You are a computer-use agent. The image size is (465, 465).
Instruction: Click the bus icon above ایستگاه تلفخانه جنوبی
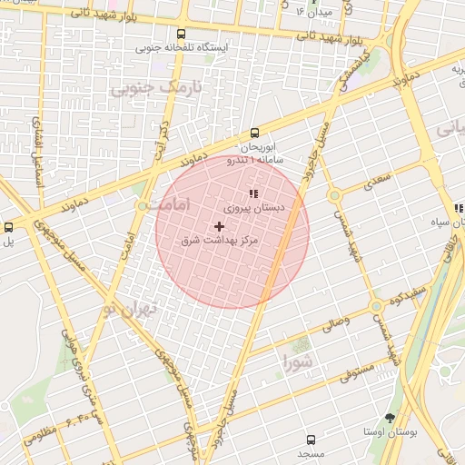coord(183,32)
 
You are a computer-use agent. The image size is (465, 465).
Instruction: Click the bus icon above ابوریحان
coord(254,133)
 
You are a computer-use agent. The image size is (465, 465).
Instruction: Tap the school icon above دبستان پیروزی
coord(252,193)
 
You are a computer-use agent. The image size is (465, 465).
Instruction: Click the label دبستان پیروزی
coord(254,208)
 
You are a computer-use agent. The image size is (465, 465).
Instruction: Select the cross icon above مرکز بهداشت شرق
coord(219,225)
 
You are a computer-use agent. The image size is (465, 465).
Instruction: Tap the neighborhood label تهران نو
coord(129,309)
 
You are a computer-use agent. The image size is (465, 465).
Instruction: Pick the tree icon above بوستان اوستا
coord(391,418)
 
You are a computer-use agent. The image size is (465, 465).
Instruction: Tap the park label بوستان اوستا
coord(390,432)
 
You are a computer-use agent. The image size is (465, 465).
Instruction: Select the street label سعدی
coord(375,182)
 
